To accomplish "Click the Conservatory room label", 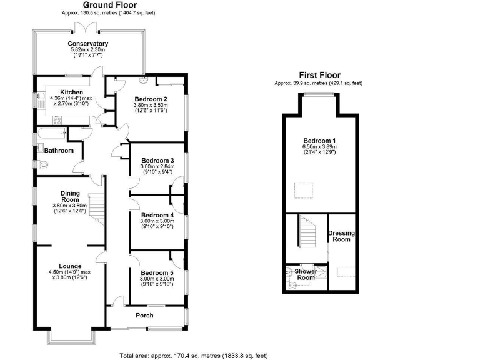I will tap(87, 44).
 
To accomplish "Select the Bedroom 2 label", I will tap(151, 99).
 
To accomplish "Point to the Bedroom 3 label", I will tap(157, 161).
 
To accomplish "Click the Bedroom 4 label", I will tap(157, 214).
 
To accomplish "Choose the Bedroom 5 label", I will tap(157, 273).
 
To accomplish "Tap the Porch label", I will tap(145, 316).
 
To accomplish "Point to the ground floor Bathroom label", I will tap(59, 151).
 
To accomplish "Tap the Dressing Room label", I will tap(341, 236).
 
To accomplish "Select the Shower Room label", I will tap(306, 274).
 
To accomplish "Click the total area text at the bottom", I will tap(193, 355).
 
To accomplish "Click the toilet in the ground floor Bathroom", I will tap(42, 165).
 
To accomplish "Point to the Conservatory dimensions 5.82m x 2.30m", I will tap(87, 51).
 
